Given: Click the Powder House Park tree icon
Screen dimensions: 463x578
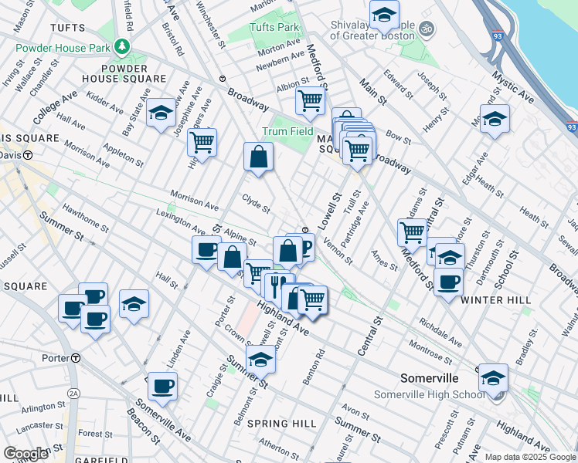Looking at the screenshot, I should (x=121, y=47).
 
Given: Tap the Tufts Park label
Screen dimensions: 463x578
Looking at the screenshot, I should (x=274, y=27).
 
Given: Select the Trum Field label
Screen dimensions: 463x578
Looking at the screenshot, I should (x=287, y=131).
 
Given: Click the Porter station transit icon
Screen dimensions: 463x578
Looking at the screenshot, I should (x=76, y=358).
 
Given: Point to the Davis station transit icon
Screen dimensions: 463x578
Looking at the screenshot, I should (x=28, y=155).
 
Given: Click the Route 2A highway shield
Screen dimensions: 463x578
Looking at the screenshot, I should (x=73, y=393).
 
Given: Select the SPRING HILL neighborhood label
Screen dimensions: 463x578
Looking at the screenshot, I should (x=283, y=424).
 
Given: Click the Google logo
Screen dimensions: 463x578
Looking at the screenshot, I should (x=25, y=454).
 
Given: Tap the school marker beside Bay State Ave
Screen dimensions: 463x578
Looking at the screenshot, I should (x=161, y=114).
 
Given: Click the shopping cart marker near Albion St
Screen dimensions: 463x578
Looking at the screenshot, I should (x=310, y=99).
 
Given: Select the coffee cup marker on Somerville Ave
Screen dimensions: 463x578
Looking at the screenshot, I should (x=162, y=386).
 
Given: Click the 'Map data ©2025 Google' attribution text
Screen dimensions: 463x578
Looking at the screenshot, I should (x=529, y=457).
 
